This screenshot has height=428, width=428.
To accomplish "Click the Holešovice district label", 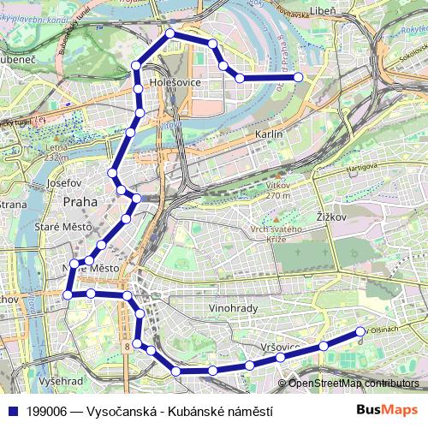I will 175,83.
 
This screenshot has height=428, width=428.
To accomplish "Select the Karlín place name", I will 269,135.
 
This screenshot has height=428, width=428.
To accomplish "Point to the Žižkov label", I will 330,217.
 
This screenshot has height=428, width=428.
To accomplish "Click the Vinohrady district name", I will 233,307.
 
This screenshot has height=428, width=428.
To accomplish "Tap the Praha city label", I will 80,202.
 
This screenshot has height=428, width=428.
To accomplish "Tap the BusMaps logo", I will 387,410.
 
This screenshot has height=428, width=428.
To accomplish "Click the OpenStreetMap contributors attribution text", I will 354,383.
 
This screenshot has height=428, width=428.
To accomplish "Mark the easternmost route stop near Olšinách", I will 360,331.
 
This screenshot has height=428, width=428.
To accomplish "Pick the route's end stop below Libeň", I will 299,78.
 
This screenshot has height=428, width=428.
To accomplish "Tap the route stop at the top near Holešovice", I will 170,33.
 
